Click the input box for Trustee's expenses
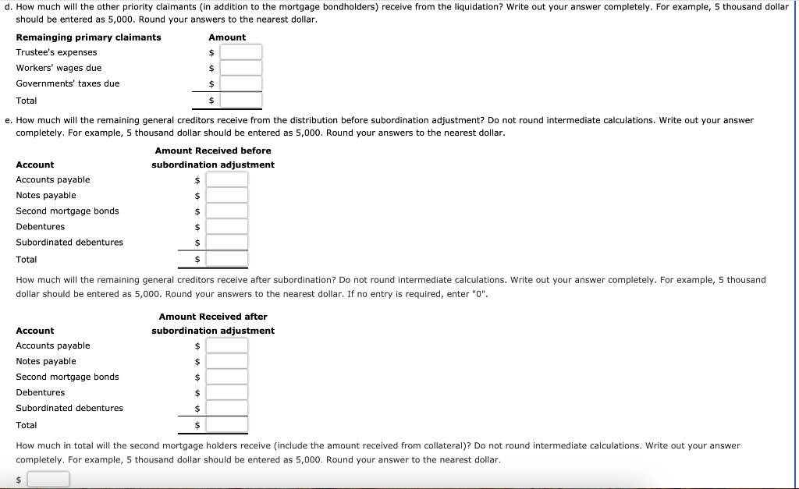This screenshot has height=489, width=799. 240,52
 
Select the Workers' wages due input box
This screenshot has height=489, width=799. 240,68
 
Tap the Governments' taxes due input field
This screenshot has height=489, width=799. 240,83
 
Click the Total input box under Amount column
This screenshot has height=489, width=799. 240,101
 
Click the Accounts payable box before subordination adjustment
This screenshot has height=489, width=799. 226,179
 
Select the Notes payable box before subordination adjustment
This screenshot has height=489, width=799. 226,195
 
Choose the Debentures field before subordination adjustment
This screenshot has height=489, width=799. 226,227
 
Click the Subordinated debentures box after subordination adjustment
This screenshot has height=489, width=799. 226,408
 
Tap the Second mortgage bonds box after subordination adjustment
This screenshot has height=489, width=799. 226,377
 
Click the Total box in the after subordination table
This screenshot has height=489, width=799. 226,425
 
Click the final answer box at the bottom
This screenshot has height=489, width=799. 48,479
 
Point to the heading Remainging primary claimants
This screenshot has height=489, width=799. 88,37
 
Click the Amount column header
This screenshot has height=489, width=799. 227,37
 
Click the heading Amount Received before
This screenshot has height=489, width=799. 213,151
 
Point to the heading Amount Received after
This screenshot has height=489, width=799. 213,317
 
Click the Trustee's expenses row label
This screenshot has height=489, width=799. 56,52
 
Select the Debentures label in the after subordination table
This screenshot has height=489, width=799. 40,392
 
